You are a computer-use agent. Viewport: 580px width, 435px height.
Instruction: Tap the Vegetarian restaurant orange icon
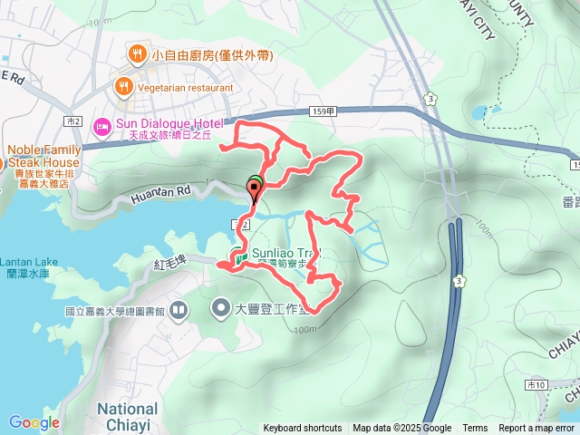(122, 87)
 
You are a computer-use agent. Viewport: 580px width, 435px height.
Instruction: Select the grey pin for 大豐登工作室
(221, 309)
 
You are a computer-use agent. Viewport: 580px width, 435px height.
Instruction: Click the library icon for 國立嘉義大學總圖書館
(179, 310)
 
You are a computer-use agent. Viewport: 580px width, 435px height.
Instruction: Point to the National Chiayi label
(127, 417)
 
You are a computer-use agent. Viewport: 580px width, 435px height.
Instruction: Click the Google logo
(34, 422)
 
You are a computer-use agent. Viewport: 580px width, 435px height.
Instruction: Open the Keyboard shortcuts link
(303, 429)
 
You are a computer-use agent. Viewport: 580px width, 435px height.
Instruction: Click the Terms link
(475, 429)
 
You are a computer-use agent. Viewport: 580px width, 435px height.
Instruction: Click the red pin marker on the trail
(254, 190)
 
